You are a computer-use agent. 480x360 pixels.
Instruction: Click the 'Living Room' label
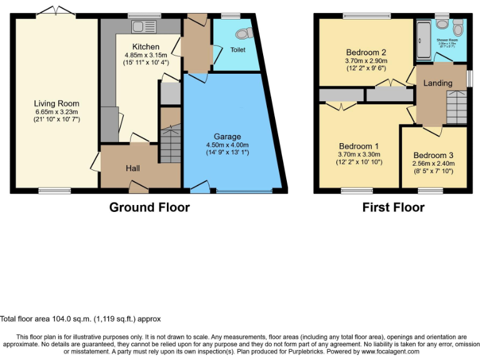coord(57,103)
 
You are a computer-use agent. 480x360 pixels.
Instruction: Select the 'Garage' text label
coord(227,137)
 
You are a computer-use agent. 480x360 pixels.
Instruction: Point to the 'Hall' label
coord(132,169)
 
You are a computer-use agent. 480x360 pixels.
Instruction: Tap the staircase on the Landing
coord(456,107)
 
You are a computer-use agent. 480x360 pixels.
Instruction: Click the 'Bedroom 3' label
coord(433,156)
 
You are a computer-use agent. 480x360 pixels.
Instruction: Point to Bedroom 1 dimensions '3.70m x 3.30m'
coord(359,154)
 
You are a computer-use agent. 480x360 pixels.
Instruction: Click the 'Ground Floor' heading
coord(149,207)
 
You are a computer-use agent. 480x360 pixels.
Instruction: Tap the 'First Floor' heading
coord(393,207)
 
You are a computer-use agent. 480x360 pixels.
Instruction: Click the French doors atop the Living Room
coord(55,12)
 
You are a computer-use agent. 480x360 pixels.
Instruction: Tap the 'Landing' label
coord(437,83)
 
